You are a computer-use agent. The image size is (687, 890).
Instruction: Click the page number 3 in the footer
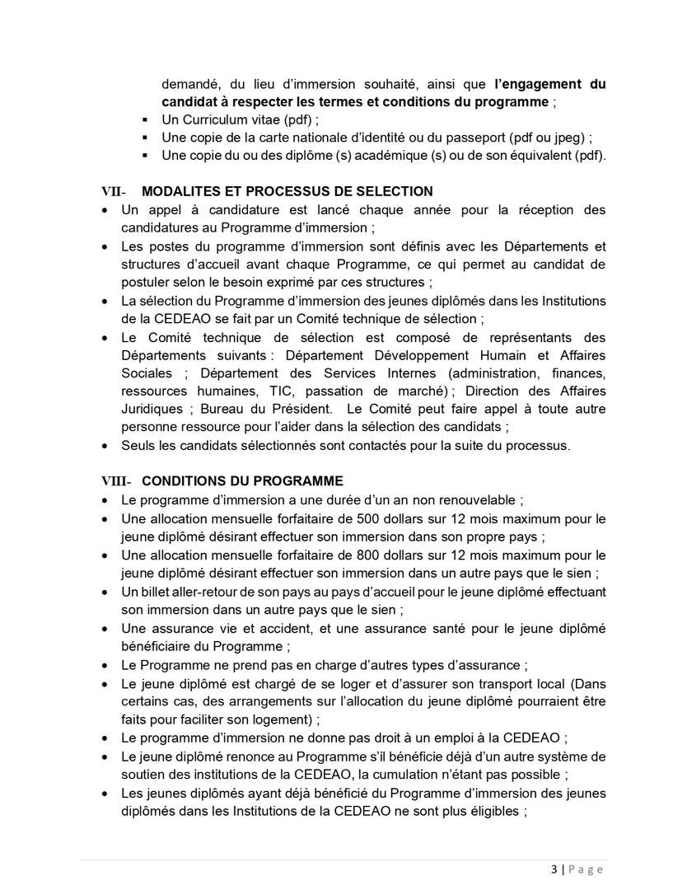(x=554, y=869)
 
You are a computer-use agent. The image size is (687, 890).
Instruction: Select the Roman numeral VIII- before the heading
(x=117, y=481)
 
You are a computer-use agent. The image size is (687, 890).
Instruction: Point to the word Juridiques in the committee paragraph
(x=152, y=409)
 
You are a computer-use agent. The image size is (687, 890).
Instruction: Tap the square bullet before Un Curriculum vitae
(x=145, y=121)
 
